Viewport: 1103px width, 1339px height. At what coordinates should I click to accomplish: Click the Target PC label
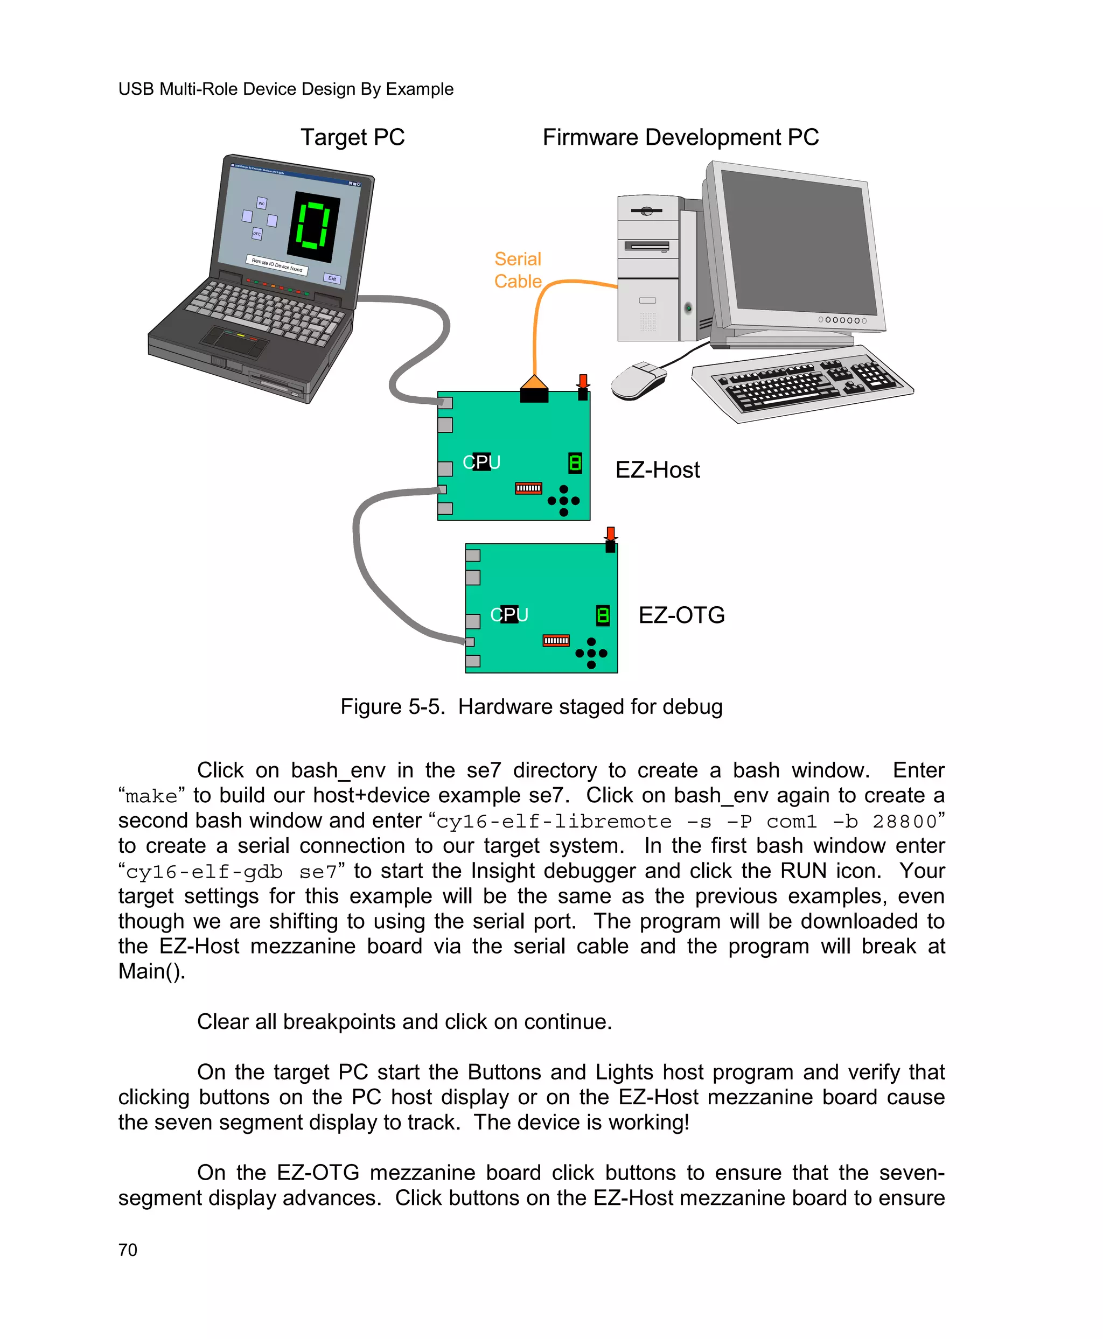pos(352,137)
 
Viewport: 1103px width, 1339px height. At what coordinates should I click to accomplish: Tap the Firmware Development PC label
pos(680,137)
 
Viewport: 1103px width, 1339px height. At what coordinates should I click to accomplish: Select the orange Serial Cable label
pos(517,270)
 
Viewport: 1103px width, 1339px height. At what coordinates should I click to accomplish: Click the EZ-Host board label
pos(657,470)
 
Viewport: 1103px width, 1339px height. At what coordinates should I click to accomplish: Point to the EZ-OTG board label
pos(681,615)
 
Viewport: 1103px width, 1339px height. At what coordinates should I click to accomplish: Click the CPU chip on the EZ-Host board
pos(481,462)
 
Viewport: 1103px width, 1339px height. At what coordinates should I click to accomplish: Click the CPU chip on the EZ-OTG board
pos(509,614)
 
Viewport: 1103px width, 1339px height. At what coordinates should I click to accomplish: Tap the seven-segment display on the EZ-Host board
pos(575,463)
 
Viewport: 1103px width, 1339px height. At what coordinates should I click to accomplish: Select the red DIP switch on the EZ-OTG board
pos(556,640)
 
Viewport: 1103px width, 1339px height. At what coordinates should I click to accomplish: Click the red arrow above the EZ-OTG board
pos(610,533)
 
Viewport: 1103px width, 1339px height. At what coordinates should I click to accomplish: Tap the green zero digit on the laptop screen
pos(314,226)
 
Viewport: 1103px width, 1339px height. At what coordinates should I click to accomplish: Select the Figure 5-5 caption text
pos(531,707)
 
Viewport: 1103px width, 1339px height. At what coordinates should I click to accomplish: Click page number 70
pos(128,1250)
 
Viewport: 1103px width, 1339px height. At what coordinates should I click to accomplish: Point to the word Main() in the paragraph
pos(151,972)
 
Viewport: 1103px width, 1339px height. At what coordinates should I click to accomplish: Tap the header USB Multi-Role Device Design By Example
pos(285,89)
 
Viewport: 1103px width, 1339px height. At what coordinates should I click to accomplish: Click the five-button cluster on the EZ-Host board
pos(563,501)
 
